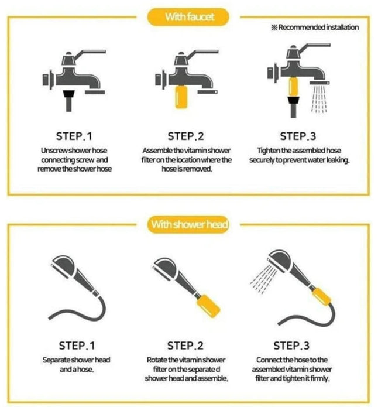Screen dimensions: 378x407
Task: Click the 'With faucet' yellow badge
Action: tap(188, 17)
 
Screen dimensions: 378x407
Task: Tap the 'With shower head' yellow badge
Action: tap(188, 224)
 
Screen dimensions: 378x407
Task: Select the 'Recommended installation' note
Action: tap(315, 28)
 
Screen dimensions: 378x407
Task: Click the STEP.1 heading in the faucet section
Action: tap(74, 136)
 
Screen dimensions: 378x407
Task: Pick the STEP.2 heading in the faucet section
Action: tap(185, 136)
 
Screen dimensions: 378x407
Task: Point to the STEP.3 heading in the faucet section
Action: tap(298, 136)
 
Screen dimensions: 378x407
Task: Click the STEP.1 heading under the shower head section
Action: tap(77, 346)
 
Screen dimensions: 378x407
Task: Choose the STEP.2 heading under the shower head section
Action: tap(185, 346)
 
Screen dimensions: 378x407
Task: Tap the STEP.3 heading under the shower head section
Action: tap(291, 346)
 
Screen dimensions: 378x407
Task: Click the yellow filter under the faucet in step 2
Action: tap(181, 97)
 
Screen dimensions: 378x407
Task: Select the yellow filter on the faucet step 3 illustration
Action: tap(293, 87)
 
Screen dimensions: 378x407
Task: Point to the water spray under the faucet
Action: tap(319, 99)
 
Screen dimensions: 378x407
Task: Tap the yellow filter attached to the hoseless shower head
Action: tap(208, 306)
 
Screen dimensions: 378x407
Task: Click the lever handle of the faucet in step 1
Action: tap(90, 54)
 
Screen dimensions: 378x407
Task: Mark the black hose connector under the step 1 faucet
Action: tap(68, 100)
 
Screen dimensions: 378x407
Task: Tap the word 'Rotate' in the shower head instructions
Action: tap(157, 360)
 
